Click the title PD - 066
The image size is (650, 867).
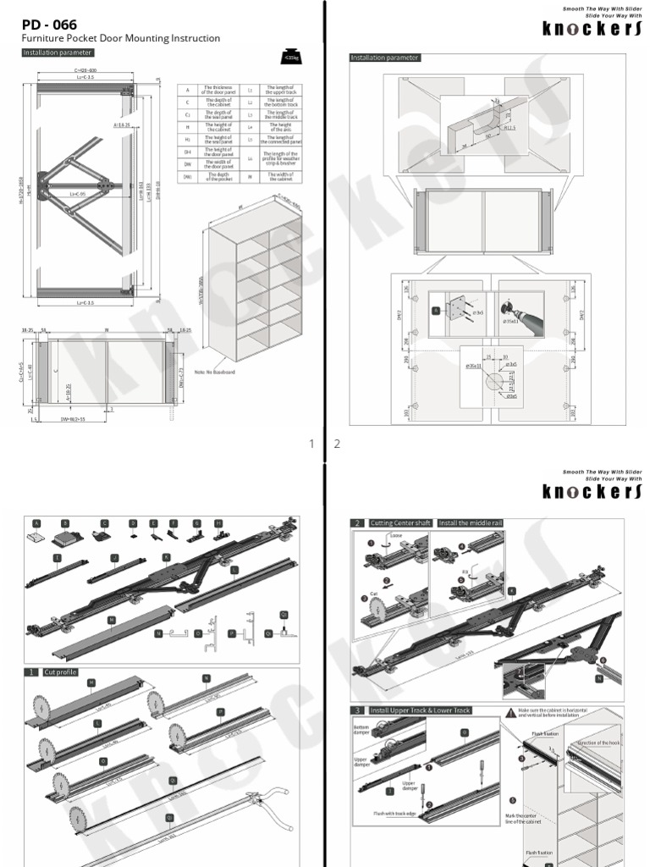[x=49, y=25]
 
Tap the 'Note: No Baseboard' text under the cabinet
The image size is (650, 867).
[x=215, y=371]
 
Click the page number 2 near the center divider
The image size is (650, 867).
[x=336, y=444]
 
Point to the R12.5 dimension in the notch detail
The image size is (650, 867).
[x=511, y=128]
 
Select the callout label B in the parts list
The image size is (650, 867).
[x=65, y=523]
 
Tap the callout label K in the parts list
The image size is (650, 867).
[x=166, y=557]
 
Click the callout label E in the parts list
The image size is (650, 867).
[x=153, y=523]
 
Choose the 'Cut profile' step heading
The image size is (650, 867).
[x=59, y=672]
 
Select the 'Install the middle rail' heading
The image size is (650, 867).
[x=466, y=523]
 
